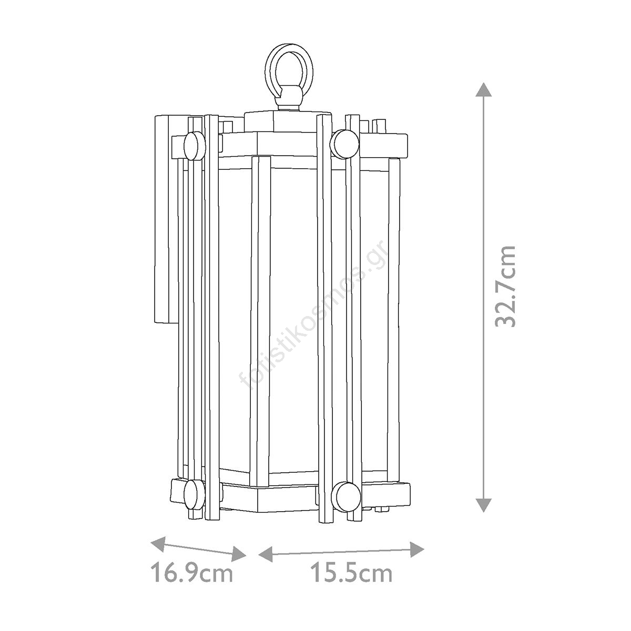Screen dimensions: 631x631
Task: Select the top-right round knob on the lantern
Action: pos(345,143)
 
